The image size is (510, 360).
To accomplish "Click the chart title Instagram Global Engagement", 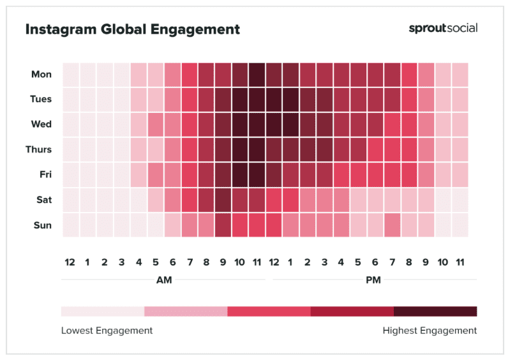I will (132, 29).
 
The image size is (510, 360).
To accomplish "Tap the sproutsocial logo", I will (442, 28).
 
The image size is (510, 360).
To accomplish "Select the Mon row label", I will (41, 75).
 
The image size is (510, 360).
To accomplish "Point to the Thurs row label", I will (40, 150).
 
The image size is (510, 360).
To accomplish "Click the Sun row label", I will (42, 225).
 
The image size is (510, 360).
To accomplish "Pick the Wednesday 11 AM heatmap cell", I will (257, 124).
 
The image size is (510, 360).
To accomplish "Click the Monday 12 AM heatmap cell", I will (71, 75).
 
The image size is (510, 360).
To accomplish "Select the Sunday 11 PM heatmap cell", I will (460, 225).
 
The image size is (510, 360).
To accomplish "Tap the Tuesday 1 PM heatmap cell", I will (291, 100).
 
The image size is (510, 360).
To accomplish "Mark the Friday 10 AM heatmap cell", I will (240, 175).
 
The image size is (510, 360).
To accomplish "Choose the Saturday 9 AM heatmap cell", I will (223, 200).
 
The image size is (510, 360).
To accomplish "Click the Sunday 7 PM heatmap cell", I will (392, 225).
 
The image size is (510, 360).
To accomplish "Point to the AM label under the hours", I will (163, 280).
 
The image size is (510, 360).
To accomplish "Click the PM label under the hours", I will (373, 280).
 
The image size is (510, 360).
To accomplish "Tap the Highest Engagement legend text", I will (430, 331).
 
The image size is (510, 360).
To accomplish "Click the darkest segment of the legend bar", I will (435, 311).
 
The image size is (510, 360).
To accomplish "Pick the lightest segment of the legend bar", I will (103, 311).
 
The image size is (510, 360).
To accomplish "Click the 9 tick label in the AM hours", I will (223, 262).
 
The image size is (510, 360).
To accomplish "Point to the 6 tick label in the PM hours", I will (375, 262).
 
